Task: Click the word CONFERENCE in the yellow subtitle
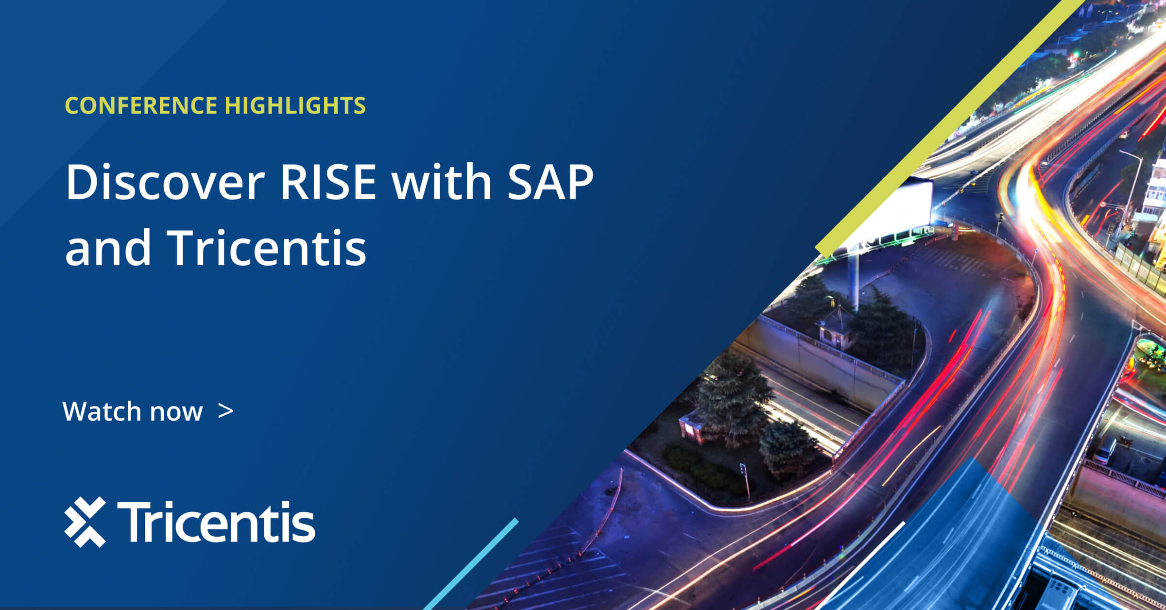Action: [141, 105]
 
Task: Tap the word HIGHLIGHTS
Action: [295, 105]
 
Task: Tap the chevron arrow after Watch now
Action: [226, 411]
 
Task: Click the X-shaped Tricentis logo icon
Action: [85, 522]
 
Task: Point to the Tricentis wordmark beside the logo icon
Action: [216, 522]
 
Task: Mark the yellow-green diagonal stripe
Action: [950, 129]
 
